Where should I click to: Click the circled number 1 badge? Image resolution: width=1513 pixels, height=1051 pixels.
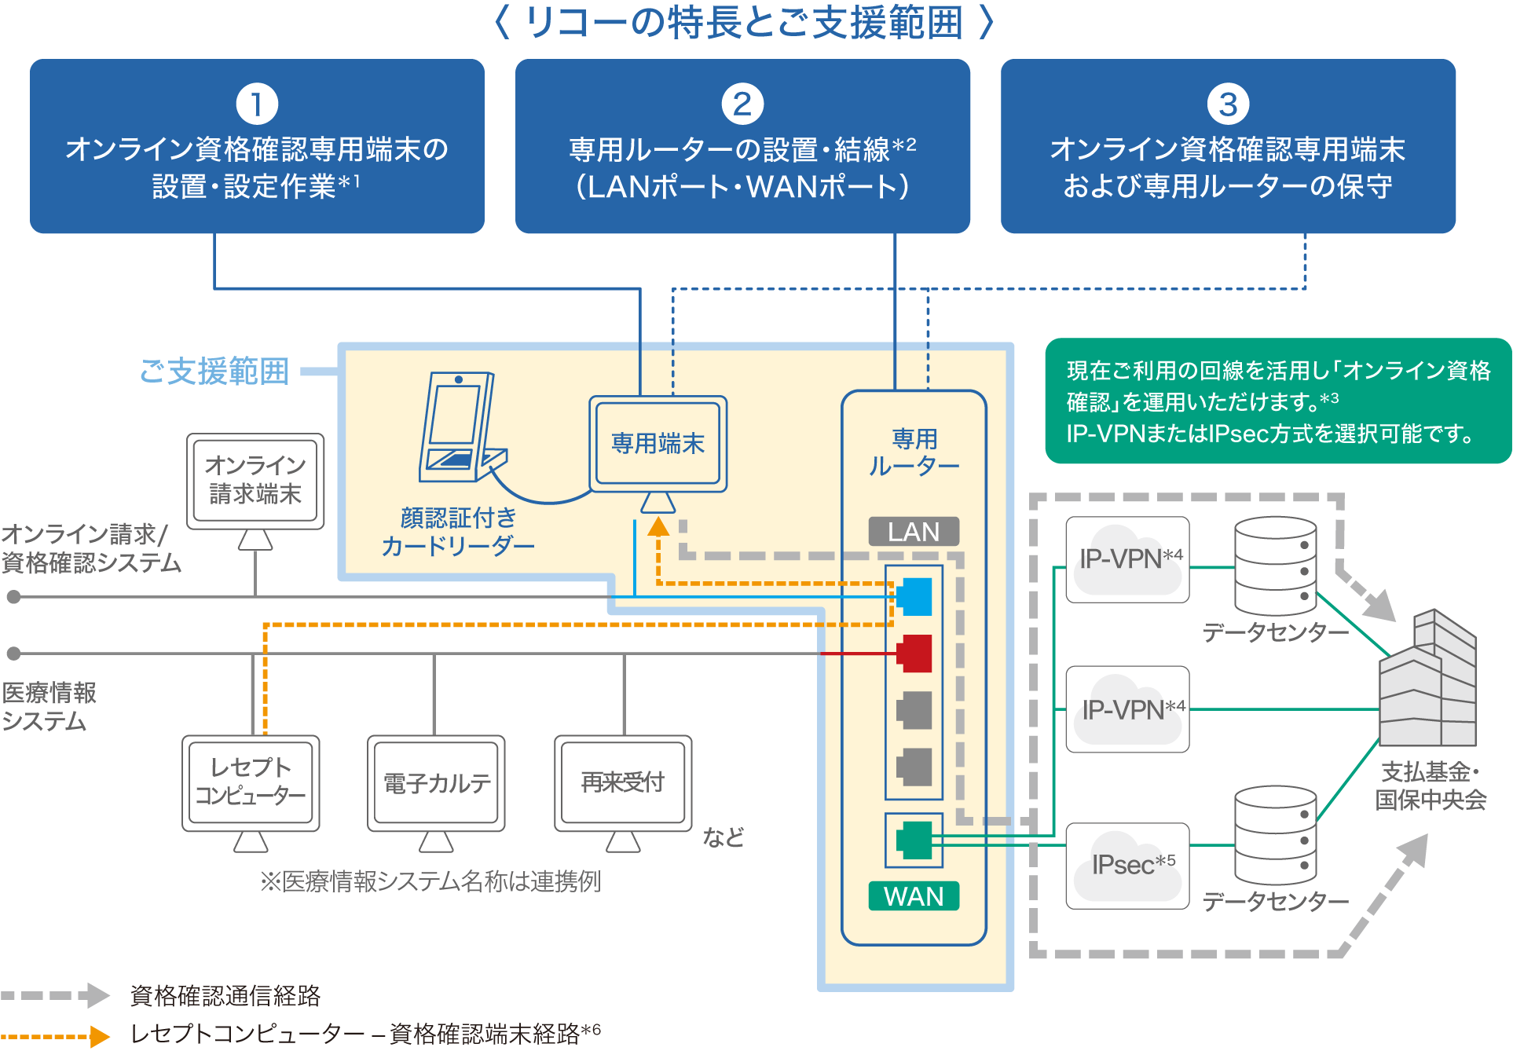tap(257, 104)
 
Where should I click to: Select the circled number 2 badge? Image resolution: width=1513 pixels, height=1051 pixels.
tap(742, 104)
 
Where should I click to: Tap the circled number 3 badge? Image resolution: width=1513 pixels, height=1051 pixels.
tap(1228, 104)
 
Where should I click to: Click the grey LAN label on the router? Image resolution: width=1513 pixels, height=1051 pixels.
tap(914, 532)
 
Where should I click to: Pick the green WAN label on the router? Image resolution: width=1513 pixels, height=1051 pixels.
tap(914, 896)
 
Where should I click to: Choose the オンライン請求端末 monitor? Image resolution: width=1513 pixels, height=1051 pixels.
tap(255, 481)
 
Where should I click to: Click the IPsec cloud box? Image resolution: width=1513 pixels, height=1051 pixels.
tap(1127, 866)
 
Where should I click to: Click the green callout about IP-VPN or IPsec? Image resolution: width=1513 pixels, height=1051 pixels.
tap(1278, 401)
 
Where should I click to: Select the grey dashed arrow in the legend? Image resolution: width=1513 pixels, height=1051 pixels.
tap(55, 995)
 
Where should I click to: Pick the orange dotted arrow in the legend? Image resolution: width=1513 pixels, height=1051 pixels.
tap(55, 1036)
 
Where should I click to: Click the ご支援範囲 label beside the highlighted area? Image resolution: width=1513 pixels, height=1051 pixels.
tap(214, 372)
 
